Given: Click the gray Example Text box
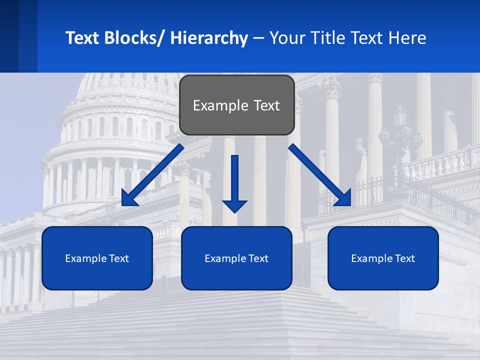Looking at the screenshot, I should (236, 105).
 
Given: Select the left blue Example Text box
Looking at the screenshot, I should (97, 258).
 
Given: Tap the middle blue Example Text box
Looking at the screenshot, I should (236, 258).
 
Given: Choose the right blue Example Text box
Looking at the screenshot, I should (383, 258).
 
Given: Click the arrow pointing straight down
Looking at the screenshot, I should (234, 182).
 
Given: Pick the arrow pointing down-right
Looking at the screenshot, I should (320, 175).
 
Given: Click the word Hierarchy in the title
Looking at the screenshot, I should (209, 38).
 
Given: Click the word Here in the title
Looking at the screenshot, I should (406, 38).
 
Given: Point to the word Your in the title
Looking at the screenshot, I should (287, 38).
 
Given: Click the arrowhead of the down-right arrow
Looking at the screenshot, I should (343, 198).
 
